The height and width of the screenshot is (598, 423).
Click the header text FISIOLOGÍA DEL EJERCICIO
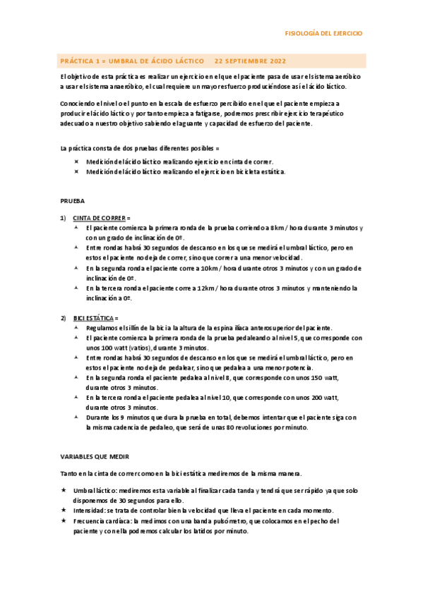(x=323, y=33)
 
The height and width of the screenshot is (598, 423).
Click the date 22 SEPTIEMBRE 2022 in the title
(x=251, y=61)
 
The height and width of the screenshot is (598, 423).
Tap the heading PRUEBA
(x=72, y=200)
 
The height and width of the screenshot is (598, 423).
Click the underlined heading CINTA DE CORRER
(x=100, y=218)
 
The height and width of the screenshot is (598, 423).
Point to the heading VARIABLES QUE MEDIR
(x=95, y=456)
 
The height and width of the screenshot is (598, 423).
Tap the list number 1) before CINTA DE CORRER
(x=63, y=218)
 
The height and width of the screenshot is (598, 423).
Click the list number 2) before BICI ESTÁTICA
(x=63, y=318)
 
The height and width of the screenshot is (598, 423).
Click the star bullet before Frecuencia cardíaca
(x=63, y=521)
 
